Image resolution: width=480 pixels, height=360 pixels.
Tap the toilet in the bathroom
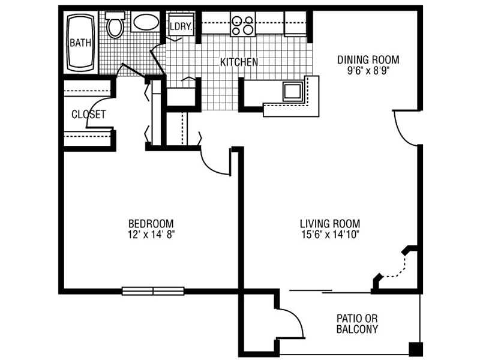tap(115, 26)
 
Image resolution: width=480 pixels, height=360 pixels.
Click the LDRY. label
tap(180, 26)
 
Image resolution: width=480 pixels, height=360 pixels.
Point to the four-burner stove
tap(243, 24)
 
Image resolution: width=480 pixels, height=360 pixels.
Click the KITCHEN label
tap(239, 62)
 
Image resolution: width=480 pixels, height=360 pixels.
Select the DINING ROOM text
tap(368, 59)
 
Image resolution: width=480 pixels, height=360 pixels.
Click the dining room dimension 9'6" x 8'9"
tap(368, 71)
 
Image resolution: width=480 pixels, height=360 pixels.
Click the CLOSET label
tap(88, 114)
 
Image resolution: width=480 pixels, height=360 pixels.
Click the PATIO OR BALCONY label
tap(357, 323)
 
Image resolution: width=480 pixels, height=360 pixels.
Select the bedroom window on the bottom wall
tap(154, 291)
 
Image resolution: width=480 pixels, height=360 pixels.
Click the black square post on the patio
tap(415, 348)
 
